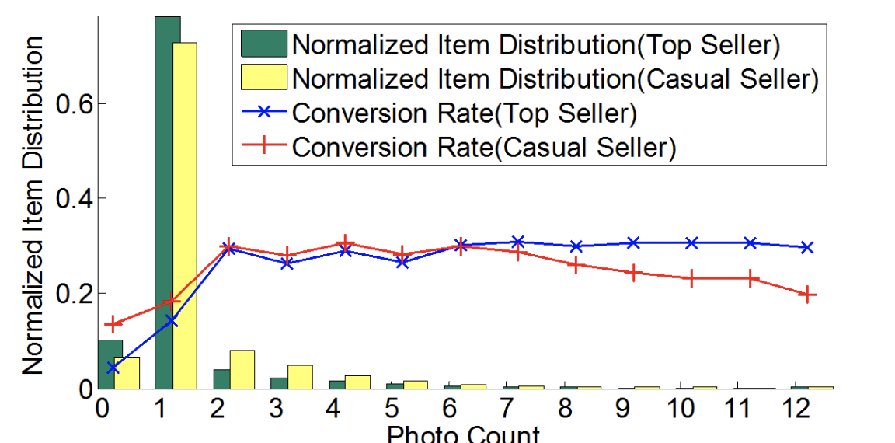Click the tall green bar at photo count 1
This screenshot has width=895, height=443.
click(x=167, y=202)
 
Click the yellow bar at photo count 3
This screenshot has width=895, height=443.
click(x=300, y=377)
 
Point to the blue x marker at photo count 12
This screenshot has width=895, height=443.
click(x=807, y=247)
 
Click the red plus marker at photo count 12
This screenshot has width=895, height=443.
click(x=807, y=295)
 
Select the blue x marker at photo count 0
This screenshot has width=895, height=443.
click(x=113, y=368)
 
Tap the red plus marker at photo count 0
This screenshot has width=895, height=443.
click(x=113, y=323)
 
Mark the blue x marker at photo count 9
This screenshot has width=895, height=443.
click(x=633, y=243)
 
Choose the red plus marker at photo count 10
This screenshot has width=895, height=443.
click(x=691, y=278)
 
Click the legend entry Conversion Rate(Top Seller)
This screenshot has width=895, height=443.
click(x=464, y=113)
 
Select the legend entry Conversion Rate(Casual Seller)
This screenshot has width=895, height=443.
click(x=482, y=146)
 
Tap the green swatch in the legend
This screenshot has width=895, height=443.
click(x=263, y=45)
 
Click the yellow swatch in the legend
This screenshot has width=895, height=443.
click(x=263, y=78)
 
